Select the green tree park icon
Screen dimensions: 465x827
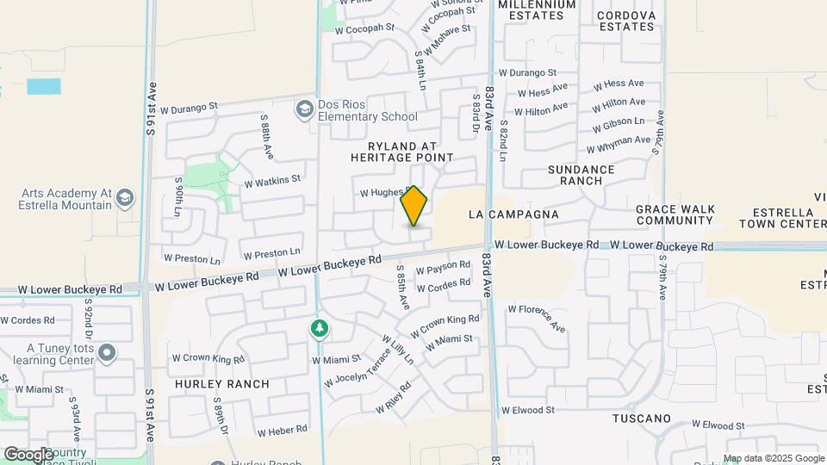coord(320,329)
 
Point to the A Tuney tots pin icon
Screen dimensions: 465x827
coord(107,353)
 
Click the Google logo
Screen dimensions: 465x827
coord(28,454)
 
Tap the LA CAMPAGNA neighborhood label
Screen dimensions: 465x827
coord(513,214)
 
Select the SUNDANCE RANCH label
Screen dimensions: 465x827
coord(581,175)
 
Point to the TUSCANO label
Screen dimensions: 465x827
coord(641,418)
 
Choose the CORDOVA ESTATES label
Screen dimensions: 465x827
coord(626,21)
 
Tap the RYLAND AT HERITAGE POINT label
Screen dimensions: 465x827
coord(402,152)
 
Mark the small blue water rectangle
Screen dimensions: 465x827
coord(44,86)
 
